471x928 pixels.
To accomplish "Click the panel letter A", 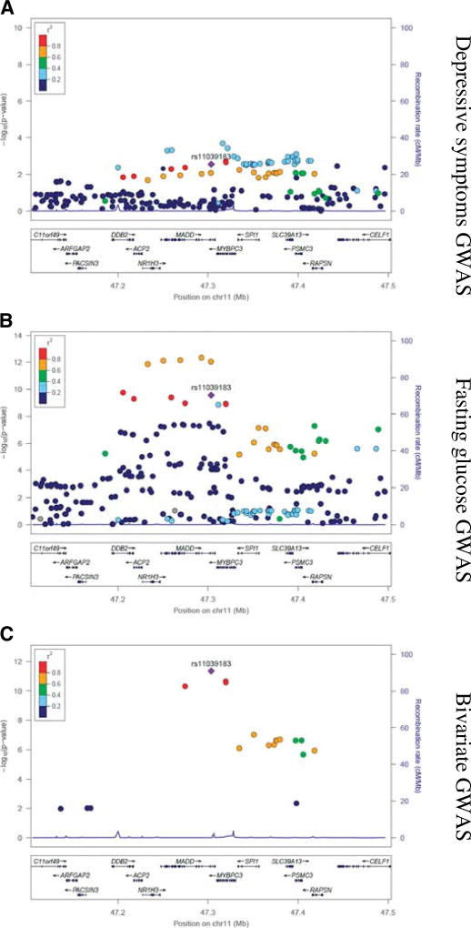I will click(7, 8).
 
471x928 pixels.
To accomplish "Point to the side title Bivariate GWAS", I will click(452, 770).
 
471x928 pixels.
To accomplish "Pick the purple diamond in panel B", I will click(211, 396).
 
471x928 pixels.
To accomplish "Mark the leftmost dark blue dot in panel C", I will click(61, 808).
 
